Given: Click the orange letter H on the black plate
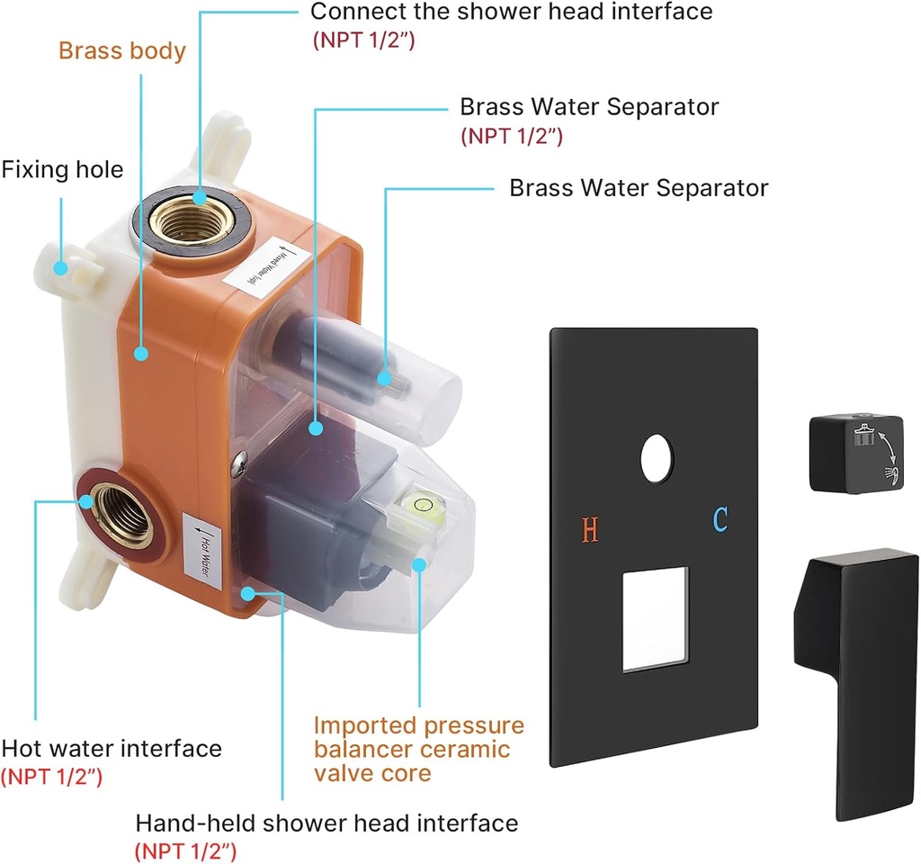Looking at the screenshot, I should [x=590, y=530].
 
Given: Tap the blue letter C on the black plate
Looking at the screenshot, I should [x=720, y=519].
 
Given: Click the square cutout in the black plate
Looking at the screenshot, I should [x=655, y=618].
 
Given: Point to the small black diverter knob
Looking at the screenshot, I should [x=855, y=454].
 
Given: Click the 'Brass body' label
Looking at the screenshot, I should [x=122, y=50].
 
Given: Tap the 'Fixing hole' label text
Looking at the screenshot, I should [x=62, y=169].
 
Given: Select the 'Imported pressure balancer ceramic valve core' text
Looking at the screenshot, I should [x=419, y=749].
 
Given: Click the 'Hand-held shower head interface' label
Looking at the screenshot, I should [x=326, y=823].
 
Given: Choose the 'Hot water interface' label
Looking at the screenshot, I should [x=112, y=748].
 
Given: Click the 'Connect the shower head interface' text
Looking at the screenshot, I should [x=511, y=12].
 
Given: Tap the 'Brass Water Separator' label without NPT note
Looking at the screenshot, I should [x=639, y=188].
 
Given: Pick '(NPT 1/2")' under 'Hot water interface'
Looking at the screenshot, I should [x=52, y=775].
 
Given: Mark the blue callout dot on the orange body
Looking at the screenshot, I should [x=141, y=354].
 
